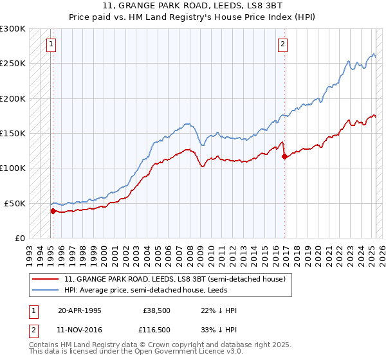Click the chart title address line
click(x=192, y=7)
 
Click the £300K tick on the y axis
click(x=13, y=29)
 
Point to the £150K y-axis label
click(x=13, y=133)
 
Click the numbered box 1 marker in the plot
click(x=51, y=44)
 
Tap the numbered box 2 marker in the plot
click(x=282, y=44)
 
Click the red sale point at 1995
click(x=53, y=210)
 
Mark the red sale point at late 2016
click(x=284, y=156)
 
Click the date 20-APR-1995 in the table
click(x=80, y=310)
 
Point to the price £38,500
click(x=156, y=310)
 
